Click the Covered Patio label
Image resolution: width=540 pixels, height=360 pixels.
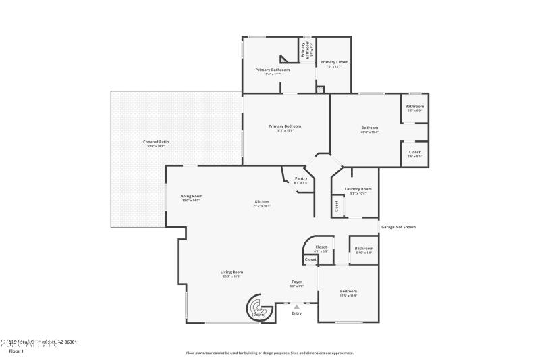tap(156, 143)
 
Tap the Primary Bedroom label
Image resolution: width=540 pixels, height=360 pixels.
tap(284, 127)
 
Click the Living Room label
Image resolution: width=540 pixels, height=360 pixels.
tap(232, 273)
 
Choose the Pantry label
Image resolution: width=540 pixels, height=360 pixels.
tap(301, 180)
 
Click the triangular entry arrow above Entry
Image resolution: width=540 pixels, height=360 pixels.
tap(296, 307)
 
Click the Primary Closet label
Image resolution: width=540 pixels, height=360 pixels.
tap(334, 63)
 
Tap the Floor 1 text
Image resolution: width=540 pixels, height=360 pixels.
tap(16, 351)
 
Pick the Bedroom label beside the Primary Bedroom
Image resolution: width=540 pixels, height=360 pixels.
tap(369, 128)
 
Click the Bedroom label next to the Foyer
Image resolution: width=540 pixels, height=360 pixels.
tap(348, 292)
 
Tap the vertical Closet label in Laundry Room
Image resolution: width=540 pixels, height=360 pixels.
tap(336, 207)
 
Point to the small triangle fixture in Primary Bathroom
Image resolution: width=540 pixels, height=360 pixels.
tap(284, 60)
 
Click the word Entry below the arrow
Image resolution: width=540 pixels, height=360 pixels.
tap(296, 313)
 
